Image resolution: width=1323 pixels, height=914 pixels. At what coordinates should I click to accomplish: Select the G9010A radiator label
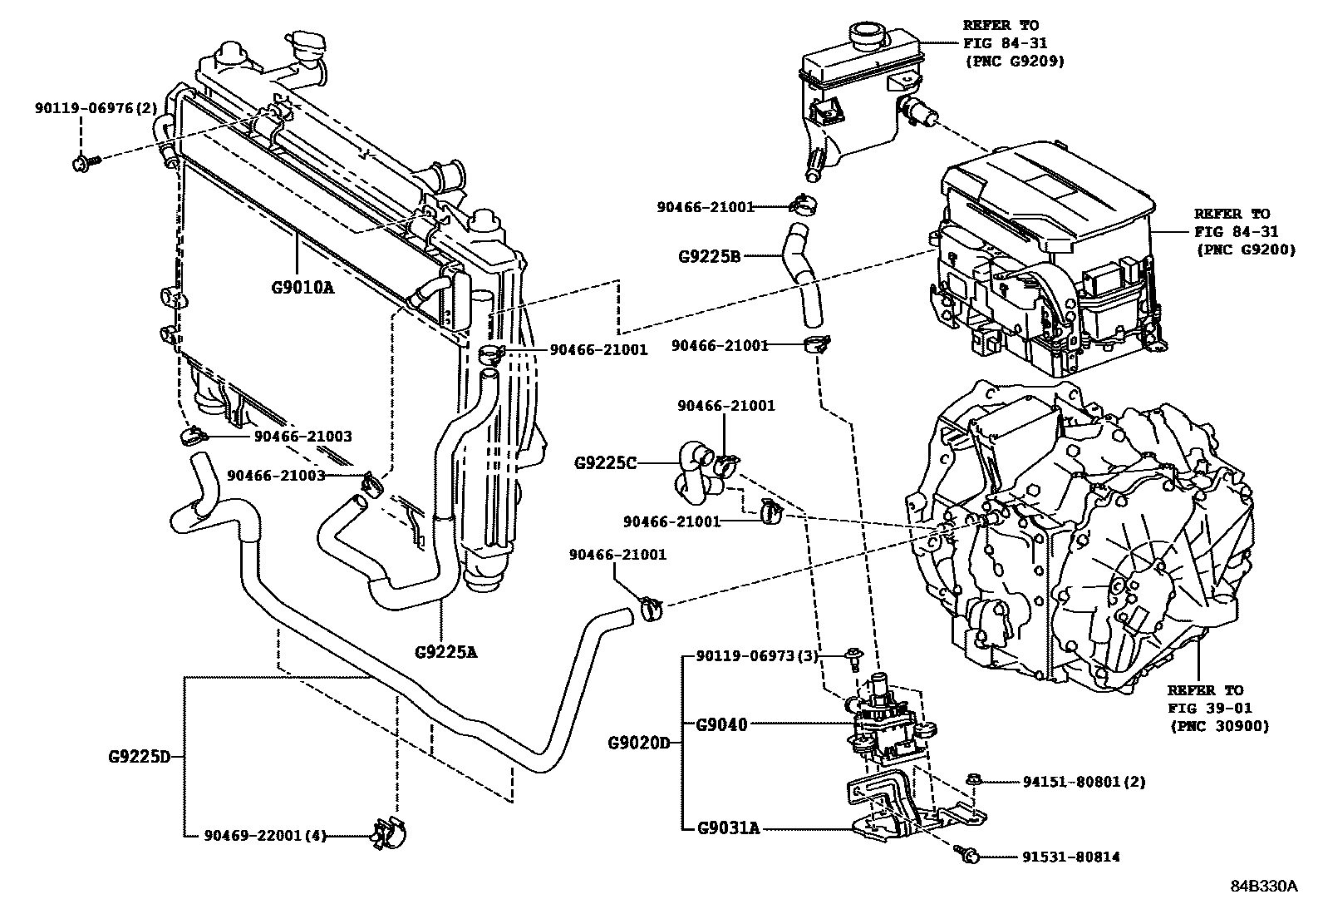pos(302,289)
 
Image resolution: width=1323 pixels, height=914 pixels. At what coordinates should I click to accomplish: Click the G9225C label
pos(605,462)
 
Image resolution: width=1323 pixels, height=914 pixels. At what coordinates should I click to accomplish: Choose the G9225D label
pos(139,757)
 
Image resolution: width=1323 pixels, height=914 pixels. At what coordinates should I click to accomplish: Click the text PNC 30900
pos(1219,726)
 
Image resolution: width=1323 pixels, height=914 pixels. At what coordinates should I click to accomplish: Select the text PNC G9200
pos(1245,249)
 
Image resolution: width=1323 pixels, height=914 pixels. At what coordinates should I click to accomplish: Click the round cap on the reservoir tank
pos(868,33)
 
